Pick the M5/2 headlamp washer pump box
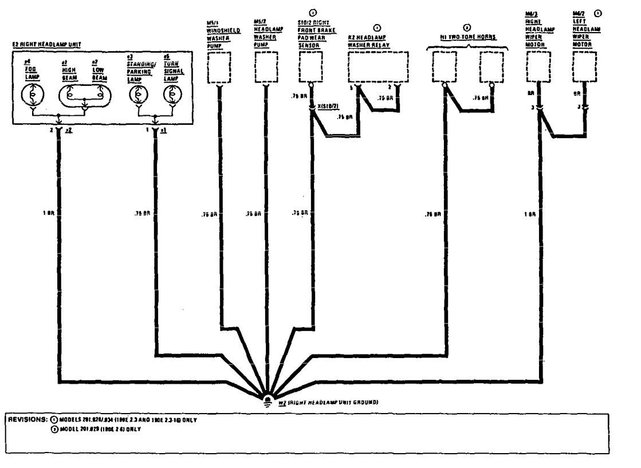[265, 68]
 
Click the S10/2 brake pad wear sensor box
[311, 68]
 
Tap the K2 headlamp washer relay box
[377, 68]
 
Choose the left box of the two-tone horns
[445, 68]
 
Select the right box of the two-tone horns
[493, 68]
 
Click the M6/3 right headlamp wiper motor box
[539, 68]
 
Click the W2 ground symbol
[268, 399]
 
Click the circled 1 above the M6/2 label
[599, 12]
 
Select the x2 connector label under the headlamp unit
[69, 131]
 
